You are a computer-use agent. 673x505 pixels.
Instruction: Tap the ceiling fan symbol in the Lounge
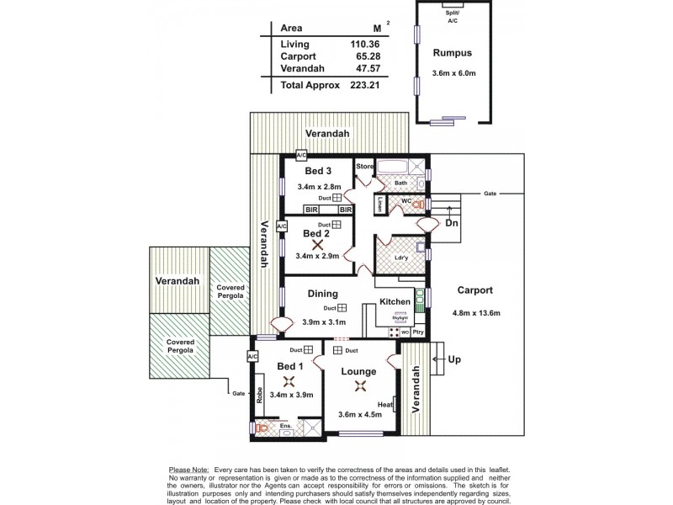pyautogui.click(x=361, y=386)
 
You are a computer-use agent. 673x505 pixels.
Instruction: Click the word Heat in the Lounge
pyautogui.click(x=385, y=405)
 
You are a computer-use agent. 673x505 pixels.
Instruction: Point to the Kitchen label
pyautogui.click(x=395, y=301)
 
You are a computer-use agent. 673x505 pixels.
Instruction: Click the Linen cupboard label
pyautogui.click(x=380, y=205)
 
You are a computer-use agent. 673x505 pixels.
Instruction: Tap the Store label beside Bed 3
pyautogui.click(x=364, y=167)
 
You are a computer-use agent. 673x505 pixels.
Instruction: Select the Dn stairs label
pyautogui.click(x=452, y=223)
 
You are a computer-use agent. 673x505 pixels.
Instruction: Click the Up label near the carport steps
pyautogui.click(x=454, y=359)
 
